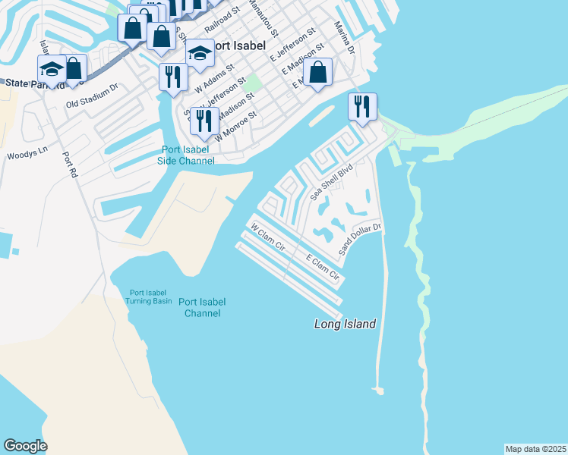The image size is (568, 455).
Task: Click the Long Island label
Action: click(346, 324)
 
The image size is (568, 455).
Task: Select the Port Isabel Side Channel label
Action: click(186, 155)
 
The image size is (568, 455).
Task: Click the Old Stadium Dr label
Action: click(92, 95)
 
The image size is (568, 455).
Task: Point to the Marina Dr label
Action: click(345, 38)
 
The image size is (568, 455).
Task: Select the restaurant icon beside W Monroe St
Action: click(204, 120)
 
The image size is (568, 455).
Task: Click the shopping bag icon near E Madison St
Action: click(318, 73)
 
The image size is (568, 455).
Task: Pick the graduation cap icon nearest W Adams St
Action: click(200, 53)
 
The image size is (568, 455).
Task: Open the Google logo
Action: click(25, 446)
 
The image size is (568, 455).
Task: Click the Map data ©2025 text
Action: click(535, 448)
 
